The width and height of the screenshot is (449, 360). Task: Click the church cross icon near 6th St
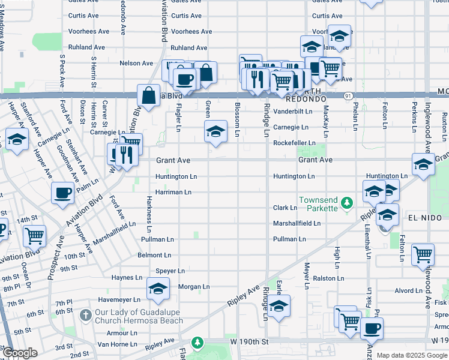(86, 314)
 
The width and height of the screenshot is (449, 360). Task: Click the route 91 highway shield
(348, 96)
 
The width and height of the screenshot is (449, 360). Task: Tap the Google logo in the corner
(19, 353)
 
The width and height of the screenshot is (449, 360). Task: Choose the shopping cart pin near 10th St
(35, 236)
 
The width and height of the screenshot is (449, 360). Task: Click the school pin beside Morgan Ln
(158, 289)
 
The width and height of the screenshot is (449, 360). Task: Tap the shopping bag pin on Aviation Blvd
(148, 95)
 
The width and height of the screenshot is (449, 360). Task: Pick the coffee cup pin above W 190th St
(372, 328)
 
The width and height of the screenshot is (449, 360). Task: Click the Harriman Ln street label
(173, 192)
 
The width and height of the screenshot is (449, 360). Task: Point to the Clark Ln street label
(285, 208)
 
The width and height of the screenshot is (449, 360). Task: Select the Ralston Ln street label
(328, 278)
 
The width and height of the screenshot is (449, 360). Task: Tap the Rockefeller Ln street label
(294, 143)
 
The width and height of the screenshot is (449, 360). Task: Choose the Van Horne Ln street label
(117, 344)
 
